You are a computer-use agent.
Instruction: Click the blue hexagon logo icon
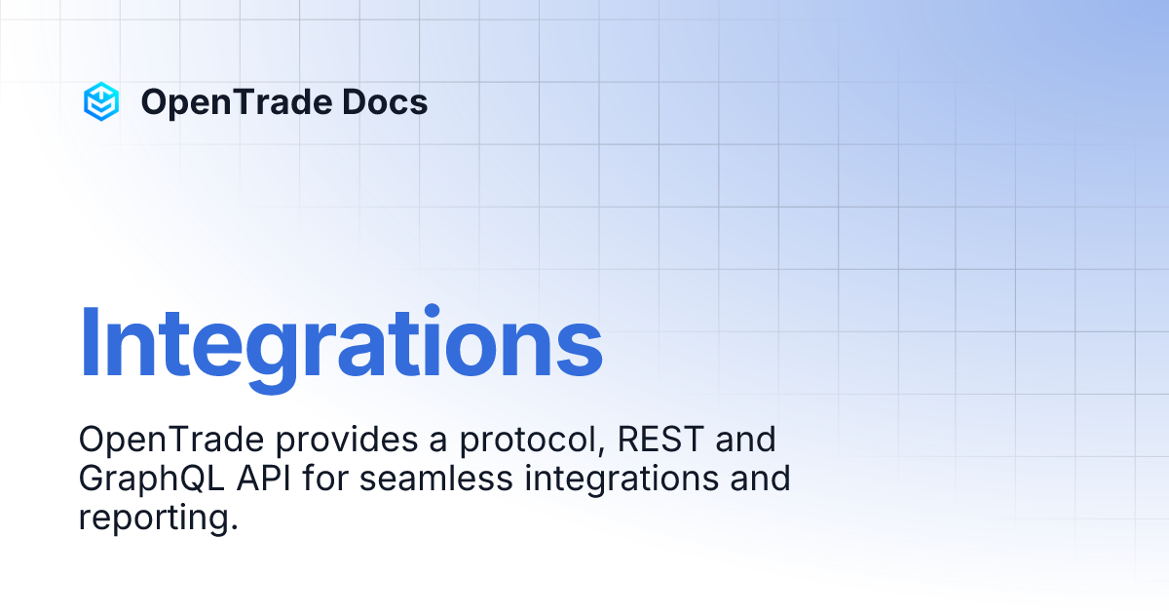[x=100, y=101]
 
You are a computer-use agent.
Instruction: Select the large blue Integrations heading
[x=340, y=344]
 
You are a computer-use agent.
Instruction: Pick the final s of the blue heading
[x=582, y=351]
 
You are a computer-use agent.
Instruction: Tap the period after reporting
[x=234, y=527]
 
